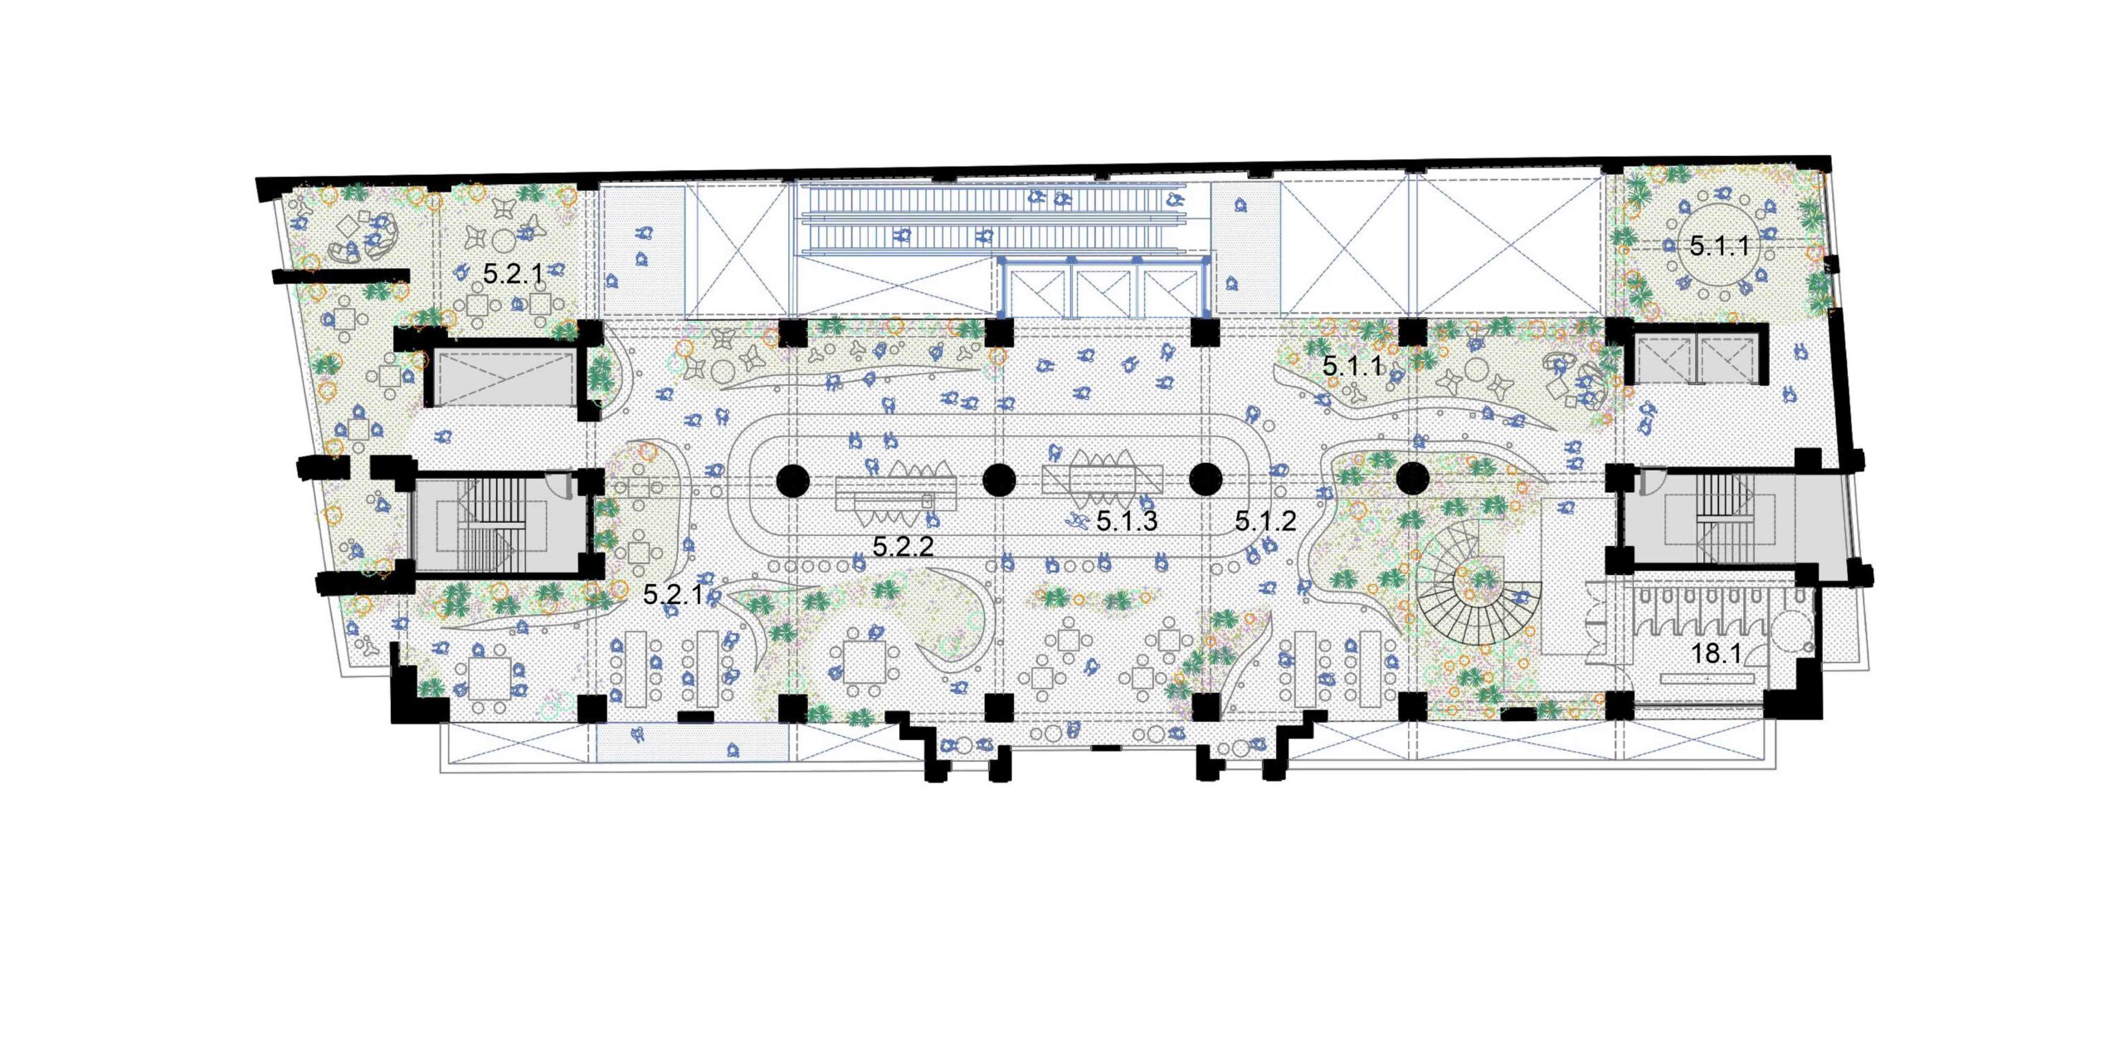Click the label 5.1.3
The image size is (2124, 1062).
click(1127, 521)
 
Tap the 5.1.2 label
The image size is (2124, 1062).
click(1265, 521)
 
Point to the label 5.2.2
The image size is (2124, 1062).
click(903, 546)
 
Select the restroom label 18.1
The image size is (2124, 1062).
click(1716, 654)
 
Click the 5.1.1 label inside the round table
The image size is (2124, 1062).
click(1720, 246)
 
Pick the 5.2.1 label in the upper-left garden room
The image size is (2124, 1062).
click(513, 273)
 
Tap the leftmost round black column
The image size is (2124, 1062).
click(792, 480)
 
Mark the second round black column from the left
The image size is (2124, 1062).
click(999, 480)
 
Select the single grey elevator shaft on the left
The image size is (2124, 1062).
click(505, 378)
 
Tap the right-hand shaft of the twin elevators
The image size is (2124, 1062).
click(1727, 358)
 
